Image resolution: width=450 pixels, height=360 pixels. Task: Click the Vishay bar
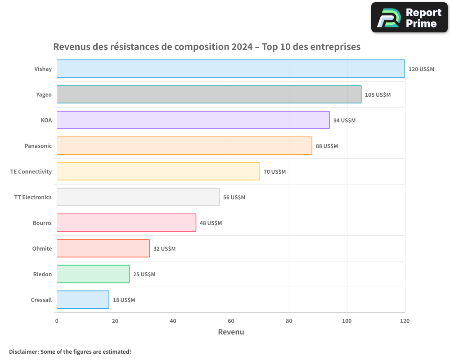click(230, 69)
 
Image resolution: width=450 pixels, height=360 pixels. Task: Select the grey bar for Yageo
click(209, 94)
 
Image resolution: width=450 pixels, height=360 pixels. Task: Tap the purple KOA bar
click(193, 120)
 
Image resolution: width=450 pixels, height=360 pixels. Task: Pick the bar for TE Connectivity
click(158, 171)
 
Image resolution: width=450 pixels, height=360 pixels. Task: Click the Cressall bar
click(83, 300)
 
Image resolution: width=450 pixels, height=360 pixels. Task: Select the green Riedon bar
click(93, 274)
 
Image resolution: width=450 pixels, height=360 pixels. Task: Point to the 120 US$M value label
click(421, 69)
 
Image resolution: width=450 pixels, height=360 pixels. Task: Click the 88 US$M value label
click(327, 146)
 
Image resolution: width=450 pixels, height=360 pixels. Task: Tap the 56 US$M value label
click(234, 198)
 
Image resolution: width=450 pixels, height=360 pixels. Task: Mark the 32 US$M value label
click(164, 249)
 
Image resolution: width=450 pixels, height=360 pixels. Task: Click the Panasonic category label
click(38, 146)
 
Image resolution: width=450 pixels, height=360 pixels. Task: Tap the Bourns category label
click(42, 223)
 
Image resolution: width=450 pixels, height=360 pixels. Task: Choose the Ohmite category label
click(42, 249)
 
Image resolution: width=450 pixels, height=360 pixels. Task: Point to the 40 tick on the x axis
click(173, 321)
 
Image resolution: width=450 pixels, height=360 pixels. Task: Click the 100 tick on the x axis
click(347, 321)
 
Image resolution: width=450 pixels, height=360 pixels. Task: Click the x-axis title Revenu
click(231, 332)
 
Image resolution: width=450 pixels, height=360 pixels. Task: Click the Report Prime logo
click(409, 18)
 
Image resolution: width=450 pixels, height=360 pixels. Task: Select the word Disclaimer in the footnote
click(23, 352)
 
